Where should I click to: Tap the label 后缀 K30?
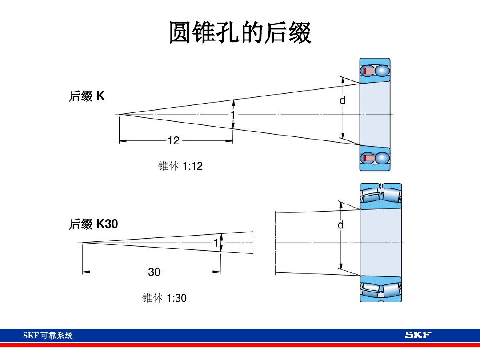(x=93, y=224)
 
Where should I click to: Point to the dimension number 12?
(x=173, y=141)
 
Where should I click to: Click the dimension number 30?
(x=154, y=272)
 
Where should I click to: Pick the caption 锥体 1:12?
(x=180, y=166)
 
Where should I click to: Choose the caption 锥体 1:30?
(x=164, y=298)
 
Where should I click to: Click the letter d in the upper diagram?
(x=342, y=101)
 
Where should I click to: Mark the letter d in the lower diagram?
(x=340, y=225)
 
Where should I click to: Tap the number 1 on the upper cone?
(x=232, y=115)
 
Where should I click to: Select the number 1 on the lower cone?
(x=216, y=243)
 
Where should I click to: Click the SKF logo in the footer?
(x=418, y=335)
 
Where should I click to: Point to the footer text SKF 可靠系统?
(x=48, y=336)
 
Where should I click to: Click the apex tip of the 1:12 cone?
(x=119, y=115)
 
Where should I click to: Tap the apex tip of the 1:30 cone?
(x=82, y=243)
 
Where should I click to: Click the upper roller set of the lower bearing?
(x=380, y=195)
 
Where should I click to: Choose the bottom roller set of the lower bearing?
(x=380, y=289)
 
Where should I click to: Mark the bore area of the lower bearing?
(x=380, y=242)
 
